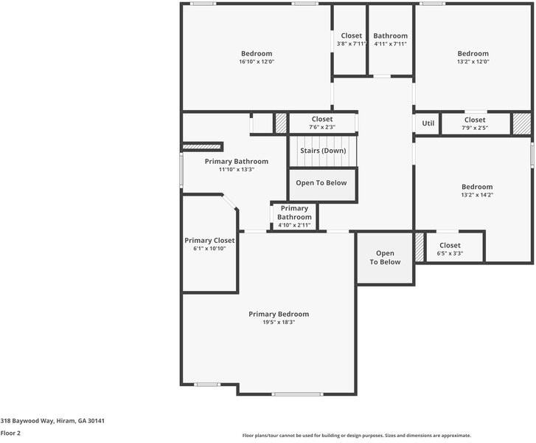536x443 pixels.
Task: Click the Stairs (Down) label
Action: click(322, 151)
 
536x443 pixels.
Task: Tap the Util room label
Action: click(428, 123)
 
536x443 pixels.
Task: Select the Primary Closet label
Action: click(209, 241)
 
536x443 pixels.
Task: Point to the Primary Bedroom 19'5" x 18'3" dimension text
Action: click(278, 323)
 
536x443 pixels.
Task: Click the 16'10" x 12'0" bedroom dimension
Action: click(256, 62)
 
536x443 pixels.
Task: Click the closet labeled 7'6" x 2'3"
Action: click(321, 128)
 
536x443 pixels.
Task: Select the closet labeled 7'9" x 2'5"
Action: click(475, 128)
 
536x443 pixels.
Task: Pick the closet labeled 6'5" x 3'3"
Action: click(450, 253)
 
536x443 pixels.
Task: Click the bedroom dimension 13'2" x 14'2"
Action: click(477, 195)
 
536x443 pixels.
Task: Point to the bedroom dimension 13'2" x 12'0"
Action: click(473, 62)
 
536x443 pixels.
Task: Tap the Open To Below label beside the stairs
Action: click(322, 183)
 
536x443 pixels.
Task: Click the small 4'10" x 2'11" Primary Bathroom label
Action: click(294, 225)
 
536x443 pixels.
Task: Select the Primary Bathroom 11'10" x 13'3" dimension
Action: click(236, 170)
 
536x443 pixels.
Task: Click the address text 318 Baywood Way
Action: click(52, 421)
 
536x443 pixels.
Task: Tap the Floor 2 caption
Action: click(10, 433)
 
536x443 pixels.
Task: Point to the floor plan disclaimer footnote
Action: click(356, 436)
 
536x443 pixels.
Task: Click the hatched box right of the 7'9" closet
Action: click(522, 123)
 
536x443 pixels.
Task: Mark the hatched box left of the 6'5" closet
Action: click(420, 247)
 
